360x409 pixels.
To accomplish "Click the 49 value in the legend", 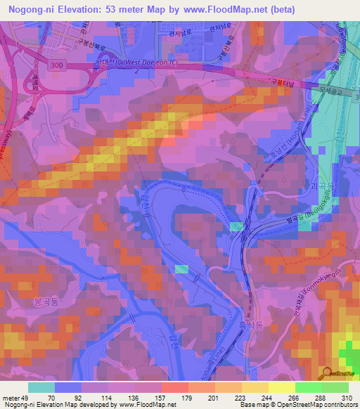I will (x=22, y=397).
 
